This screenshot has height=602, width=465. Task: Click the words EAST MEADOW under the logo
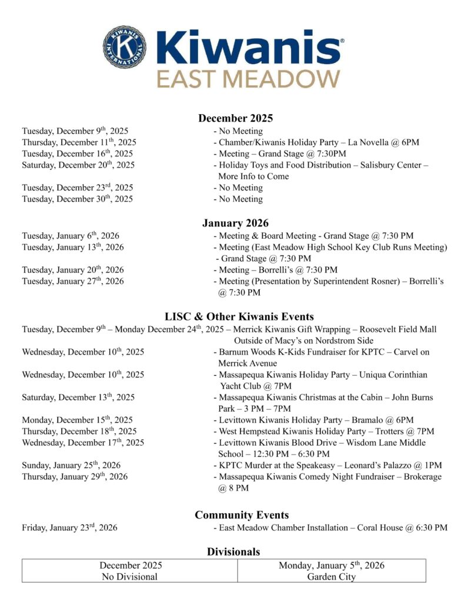click(x=248, y=78)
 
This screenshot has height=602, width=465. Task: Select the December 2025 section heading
click(x=235, y=118)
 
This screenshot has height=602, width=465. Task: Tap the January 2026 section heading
click(x=235, y=223)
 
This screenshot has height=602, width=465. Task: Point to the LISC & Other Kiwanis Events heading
click(x=239, y=316)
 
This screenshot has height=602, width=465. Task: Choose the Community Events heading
click(x=242, y=515)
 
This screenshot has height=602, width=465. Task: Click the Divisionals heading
click(x=233, y=551)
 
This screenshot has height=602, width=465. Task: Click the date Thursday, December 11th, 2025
click(x=79, y=142)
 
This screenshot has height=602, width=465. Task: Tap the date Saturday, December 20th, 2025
click(x=78, y=165)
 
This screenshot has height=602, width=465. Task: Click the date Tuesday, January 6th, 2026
click(x=71, y=236)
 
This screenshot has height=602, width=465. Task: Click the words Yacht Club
click(x=237, y=386)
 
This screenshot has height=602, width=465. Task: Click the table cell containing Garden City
click(x=332, y=571)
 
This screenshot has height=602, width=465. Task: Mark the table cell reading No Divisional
click(x=130, y=571)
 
